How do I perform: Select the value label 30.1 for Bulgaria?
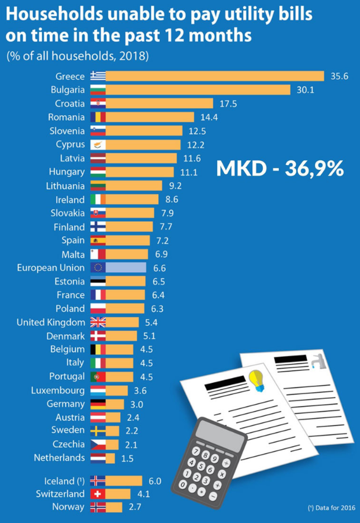coord(301,90)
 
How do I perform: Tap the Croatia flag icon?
coord(98,104)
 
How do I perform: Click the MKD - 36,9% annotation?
coord(279,168)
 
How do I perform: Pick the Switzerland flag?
coord(98,493)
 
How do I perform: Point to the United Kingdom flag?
coord(98,322)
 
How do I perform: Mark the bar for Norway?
coord(114,507)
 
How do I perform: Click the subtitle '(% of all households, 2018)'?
coord(77,56)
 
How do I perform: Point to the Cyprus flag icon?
coord(98,144)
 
